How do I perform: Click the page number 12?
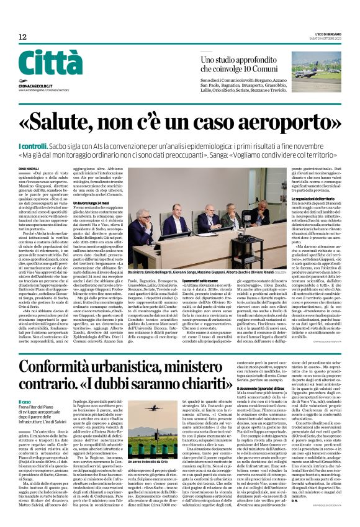[x=23, y=37]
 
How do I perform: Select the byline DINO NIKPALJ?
[x=28, y=168]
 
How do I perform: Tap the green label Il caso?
[x=27, y=402]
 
